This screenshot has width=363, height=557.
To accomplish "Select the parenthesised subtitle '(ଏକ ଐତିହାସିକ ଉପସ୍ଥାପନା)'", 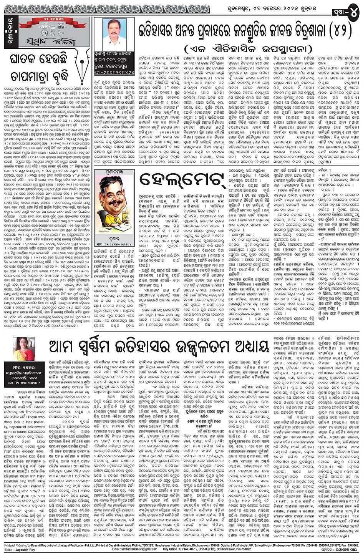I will [x=241, y=50].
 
